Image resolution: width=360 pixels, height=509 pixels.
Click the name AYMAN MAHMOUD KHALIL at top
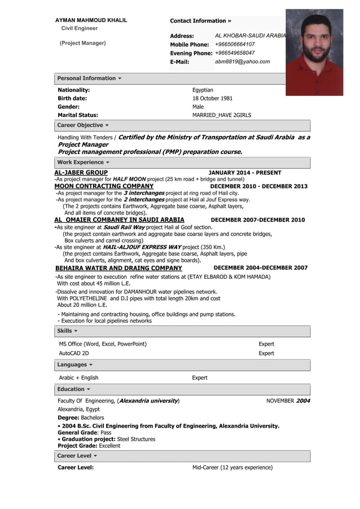tap(91, 20)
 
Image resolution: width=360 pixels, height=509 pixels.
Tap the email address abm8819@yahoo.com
tap(242, 62)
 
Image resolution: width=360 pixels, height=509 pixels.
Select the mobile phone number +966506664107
tap(235, 44)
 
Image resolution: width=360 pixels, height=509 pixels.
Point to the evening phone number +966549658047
tap(235, 53)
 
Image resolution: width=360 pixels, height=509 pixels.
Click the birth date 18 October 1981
tap(212, 98)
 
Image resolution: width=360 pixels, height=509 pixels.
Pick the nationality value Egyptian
tap(203, 90)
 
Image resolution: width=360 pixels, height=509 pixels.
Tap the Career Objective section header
tap(83, 125)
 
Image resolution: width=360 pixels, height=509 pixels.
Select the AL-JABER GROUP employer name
tap(81, 173)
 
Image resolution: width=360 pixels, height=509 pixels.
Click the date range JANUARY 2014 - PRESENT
tap(245, 173)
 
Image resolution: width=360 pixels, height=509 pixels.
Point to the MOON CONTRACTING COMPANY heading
tap(104, 186)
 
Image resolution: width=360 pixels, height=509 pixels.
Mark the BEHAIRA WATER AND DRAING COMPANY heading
tap(118, 268)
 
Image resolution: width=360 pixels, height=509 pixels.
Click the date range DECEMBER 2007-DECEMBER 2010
tap(257, 220)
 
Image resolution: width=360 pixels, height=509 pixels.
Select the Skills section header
tap(67, 331)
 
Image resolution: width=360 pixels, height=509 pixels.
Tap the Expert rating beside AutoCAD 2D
tap(266, 353)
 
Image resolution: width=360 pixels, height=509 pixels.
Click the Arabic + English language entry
tap(78, 378)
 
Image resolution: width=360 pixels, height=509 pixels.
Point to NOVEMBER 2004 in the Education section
tap(288, 401)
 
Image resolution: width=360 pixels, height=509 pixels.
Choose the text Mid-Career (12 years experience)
tap(232, 467)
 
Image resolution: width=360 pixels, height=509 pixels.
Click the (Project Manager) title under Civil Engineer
tap(83, 43)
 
